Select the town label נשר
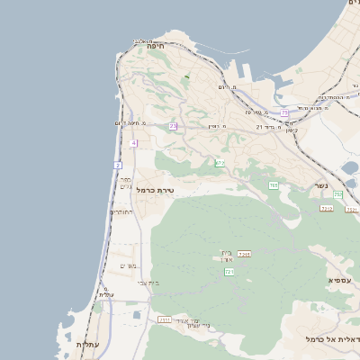pos(320,185)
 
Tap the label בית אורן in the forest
pos(226,257)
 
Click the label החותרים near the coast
pos(121,212)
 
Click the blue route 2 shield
pos(117,165)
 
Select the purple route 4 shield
pos(133,143)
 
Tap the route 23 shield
pos(173,126)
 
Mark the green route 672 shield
pos(220,163)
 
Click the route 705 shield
pos(273,185)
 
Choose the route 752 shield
pos(337,194)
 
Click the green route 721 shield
pos(229,271)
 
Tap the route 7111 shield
pos(165,319)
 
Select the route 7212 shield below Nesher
pos(326,208)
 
